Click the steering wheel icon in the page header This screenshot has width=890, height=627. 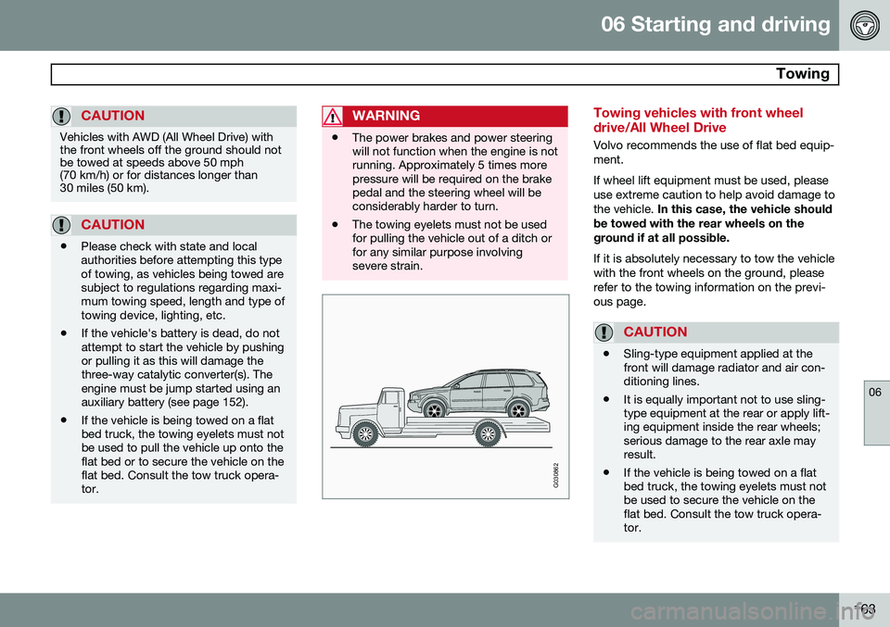pyautogui.click(x=863, y=25)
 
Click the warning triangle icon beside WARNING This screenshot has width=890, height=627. pyautogui.click(x=334, y=116)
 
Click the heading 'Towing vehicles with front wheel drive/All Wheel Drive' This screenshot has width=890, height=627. pyautogui.click(x=698, y=119)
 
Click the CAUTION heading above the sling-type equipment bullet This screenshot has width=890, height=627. pyautogui.click(x=655, y=332)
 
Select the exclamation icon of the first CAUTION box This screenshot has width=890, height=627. pyautogui.click(x=64, y=116)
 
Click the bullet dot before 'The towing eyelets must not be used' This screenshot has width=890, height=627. pyautogui.click(x=335, y=225)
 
